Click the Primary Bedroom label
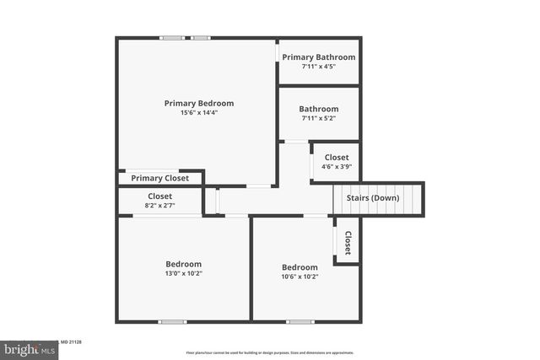198,103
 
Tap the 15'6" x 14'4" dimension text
198,113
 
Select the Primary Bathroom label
319,57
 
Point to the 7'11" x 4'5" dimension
319,67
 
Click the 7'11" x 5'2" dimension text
319,118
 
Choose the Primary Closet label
160,178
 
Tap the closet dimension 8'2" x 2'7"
159,206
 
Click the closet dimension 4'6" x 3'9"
337,167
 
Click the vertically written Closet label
347,243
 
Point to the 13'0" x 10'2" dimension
183,273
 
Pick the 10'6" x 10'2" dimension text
300,277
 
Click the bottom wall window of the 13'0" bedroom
173,321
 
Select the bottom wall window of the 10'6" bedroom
300,321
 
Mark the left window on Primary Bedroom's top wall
172,37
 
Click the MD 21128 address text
69,343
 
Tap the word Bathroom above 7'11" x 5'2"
319,109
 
